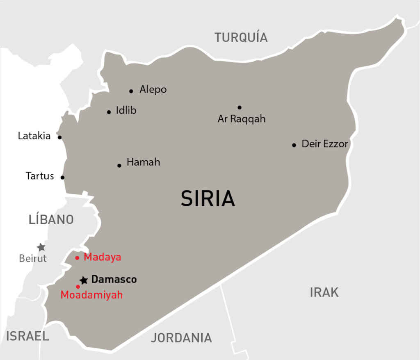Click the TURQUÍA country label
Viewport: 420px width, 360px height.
[241, 37]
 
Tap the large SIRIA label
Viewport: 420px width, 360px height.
[208, 198]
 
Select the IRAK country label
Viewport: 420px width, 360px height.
[324, 292]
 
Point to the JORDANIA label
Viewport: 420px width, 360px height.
[181, 337]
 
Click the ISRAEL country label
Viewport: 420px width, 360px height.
[27, 336]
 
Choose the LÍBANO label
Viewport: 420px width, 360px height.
[51, 219]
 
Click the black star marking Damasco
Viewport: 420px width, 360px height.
[84, 280]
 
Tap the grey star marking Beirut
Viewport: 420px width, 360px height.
[41, 247]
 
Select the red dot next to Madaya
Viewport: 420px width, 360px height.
[77, 258]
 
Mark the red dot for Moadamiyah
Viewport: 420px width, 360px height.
[78, 287]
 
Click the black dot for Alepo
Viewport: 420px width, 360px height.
[131, 91]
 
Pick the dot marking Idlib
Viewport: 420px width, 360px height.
[109, 112]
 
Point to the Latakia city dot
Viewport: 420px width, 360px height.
[59, 137]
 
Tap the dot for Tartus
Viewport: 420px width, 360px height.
[62, 178]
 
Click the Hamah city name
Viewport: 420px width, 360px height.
[143, 162]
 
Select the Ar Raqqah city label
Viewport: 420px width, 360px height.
[242, 119]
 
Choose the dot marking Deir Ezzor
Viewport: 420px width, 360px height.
[294, 145]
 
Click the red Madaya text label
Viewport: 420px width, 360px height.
[103, 257]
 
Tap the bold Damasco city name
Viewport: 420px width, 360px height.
[114, 280]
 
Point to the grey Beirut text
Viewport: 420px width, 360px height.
[33, 259]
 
